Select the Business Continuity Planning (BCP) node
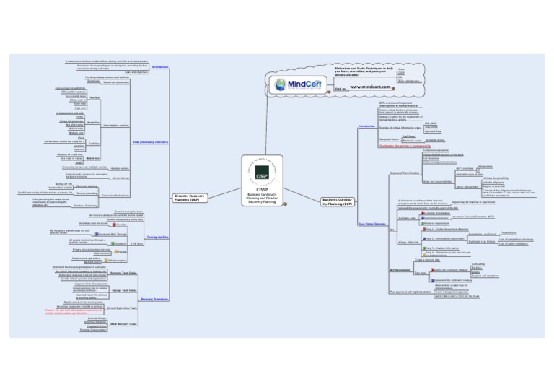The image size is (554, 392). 337,200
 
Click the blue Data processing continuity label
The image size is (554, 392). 150,142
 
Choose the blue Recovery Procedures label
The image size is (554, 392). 155,297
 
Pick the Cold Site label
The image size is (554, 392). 94,144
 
